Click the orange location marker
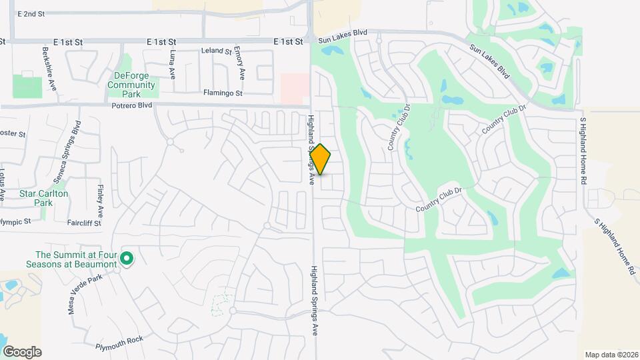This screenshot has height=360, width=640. pyautogui.click(x=321, y=159)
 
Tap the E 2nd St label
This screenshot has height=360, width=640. pyautogui.click(x=31, y=13)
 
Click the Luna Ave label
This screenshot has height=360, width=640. pyautogui.click(x=172, y=63)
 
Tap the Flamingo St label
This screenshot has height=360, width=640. pyautogui.click(x=223, y=93)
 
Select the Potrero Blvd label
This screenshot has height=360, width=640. pyautogui.click(x=133, y=105)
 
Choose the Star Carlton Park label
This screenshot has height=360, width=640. pyautogui.click(x=45, y=198)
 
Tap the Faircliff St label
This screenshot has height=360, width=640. pyautogui.click(x=84, y=223)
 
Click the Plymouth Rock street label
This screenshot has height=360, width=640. pyautogui.click(x=119, y=340)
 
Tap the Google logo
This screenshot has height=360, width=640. pyautogui.click(x=22, y=351)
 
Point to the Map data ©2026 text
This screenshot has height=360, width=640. pyautogui.click(x=611, y=355)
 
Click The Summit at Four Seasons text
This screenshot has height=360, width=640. pyautogui.click(x=76, y=259)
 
